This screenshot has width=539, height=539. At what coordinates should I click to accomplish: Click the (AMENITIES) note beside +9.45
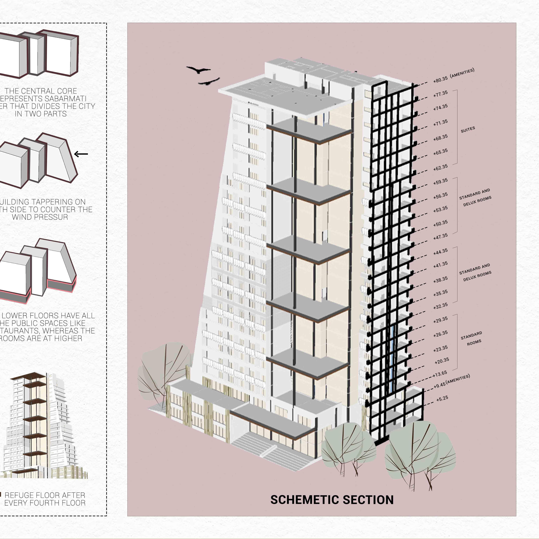458,379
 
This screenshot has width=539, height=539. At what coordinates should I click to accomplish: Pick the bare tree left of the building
165,371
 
